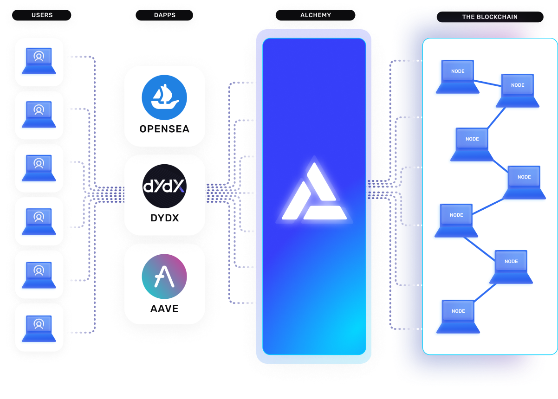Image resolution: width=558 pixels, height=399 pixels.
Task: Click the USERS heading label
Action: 42,15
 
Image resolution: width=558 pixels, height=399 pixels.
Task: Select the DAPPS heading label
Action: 164,15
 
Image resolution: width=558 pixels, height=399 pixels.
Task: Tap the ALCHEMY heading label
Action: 316,15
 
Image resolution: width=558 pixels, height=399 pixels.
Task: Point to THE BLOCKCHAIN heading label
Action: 489,17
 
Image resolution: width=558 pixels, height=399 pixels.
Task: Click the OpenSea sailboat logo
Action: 164,97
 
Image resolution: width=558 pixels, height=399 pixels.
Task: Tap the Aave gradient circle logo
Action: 164,276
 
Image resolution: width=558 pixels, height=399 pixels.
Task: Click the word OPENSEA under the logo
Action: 164,129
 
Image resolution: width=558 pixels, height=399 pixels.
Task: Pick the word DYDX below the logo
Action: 164,218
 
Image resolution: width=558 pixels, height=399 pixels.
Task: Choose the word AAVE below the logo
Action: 164,308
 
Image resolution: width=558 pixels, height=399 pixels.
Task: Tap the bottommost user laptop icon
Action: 39,327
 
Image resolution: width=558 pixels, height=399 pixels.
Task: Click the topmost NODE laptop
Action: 458,76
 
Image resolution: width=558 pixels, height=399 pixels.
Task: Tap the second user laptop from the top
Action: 39,115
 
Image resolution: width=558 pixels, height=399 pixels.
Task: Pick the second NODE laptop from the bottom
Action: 511,266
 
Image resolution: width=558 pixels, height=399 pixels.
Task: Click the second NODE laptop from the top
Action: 518,90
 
